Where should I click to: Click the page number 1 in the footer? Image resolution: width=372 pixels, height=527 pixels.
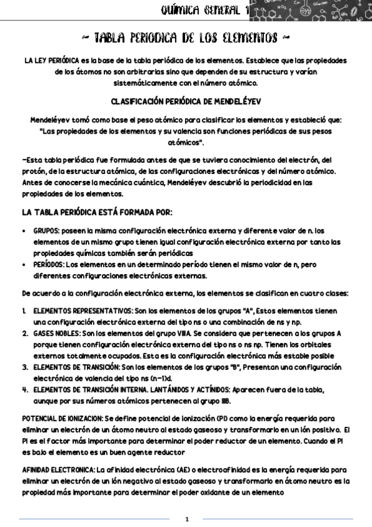tap(186, 518)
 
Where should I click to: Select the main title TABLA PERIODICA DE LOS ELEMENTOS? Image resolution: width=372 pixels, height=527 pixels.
tap(186, 39)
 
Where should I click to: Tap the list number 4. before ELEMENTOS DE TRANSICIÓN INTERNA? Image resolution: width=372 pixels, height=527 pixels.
tap(25, 390)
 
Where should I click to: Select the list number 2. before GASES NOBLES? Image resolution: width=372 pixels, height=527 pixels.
tap(25, 334)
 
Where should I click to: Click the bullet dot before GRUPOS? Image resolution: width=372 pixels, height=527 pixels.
tap(24, 231)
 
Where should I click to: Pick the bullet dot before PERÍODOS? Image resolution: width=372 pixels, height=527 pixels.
tap(24, 264)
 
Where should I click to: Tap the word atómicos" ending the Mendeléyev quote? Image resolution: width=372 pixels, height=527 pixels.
tap(186, 142)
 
